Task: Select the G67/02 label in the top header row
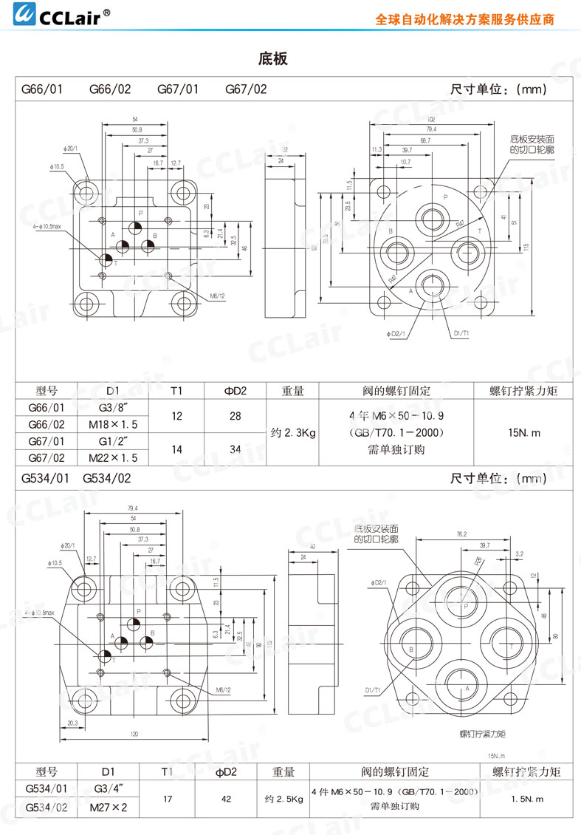click(x=246, y=89)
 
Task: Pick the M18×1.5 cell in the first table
click(x=113, y=425)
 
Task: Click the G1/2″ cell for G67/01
click(x=113, y=442)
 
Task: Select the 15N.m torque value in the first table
click(x=524, y=432)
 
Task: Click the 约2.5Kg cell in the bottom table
click(x=283, y=799)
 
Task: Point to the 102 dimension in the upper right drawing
click(x=430, y=119)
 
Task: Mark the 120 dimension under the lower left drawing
click(x=135, y=735)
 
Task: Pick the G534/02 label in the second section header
click(x=106, y=478)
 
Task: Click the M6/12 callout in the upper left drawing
click(x=216, y=296)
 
